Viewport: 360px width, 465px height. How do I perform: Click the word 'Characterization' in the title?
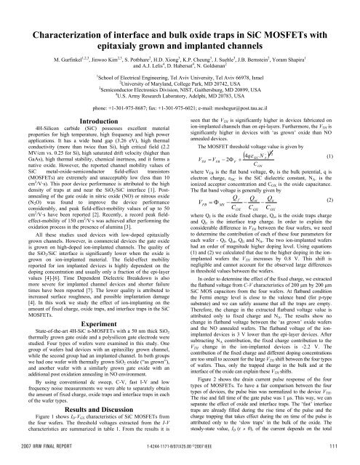[72, 13]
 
